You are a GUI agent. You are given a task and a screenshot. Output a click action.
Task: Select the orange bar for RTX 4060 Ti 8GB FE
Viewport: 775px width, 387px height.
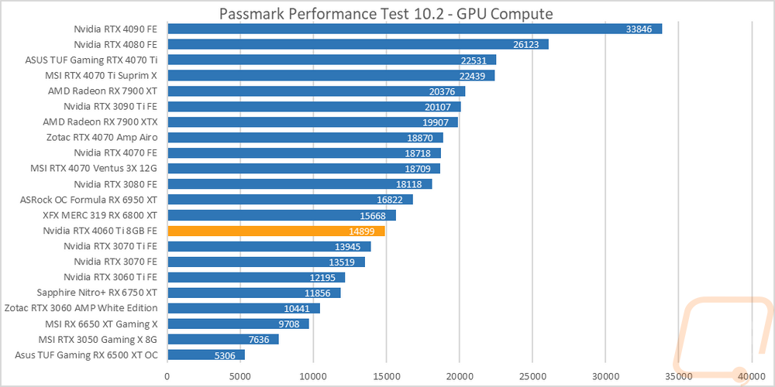pos(277,231)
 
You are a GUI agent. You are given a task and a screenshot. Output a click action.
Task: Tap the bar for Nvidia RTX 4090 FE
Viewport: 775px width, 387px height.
pos(415,29)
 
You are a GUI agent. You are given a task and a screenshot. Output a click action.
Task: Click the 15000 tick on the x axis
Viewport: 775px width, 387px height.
pos(386,375)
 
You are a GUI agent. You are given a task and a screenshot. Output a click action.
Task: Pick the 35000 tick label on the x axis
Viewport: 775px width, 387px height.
pos(678,375)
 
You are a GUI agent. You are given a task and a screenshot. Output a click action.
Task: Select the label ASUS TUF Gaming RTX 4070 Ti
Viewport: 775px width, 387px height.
pos(91,60)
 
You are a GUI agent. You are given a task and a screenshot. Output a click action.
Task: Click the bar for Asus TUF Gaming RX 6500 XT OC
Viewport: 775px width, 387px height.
pos(206,355)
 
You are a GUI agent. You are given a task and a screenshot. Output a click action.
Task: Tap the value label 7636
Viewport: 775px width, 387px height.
pos(261,339)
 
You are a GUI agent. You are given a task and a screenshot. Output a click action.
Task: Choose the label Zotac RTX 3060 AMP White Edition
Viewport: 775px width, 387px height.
pos(81,308)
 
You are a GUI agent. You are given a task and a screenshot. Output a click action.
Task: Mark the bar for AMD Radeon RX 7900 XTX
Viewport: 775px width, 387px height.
pos(313,122)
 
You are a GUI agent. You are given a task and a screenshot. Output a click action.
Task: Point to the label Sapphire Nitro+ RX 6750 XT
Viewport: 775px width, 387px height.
pos(98,293)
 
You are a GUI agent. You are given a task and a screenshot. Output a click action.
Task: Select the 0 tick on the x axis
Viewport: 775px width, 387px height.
pos(168,375)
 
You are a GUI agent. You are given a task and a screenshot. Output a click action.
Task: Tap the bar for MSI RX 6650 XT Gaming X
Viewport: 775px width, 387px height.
pos(238,324)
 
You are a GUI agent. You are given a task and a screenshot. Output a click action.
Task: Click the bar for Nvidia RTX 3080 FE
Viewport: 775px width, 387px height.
pos(300,184)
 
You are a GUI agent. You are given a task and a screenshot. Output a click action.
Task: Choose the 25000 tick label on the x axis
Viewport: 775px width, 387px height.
pos(532,375)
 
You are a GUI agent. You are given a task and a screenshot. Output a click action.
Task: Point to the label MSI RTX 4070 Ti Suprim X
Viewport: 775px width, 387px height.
pos(101,76)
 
